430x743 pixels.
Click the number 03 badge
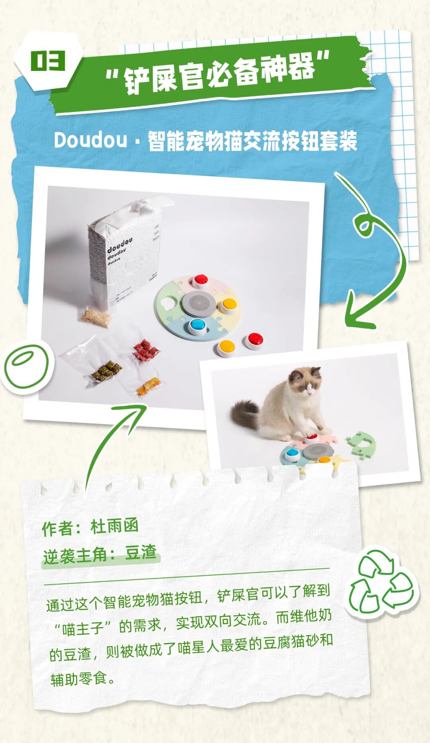click(48, 61)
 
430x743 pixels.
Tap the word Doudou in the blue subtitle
click(90, 140)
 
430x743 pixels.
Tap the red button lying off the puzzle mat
click(254, 341)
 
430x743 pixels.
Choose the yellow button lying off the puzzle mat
click(227, 348)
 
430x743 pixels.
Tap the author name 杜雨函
click(115, 526)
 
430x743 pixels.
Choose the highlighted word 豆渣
click(141, 553)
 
